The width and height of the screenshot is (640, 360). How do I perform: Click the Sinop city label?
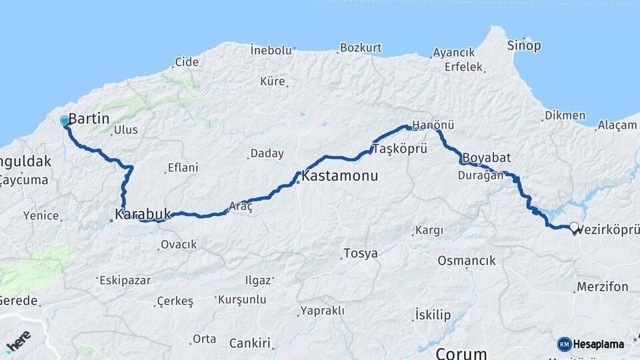click(524, 46)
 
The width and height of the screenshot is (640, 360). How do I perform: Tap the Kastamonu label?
click(340, 177)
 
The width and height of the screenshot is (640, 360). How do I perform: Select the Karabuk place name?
click(143, 215)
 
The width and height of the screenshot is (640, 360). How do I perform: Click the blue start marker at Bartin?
click(64, 121)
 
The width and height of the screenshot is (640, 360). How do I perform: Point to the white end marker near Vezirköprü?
click(574, 227)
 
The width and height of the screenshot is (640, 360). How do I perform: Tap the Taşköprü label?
click(400, 148)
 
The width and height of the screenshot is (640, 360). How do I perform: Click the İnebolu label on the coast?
click(271, 50)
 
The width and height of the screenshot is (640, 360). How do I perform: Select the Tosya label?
click(361, 253)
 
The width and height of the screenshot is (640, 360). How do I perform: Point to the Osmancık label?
click(467, 260)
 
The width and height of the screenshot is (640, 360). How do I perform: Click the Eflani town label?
click(183, 168)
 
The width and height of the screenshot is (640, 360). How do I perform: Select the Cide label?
click(187, 62)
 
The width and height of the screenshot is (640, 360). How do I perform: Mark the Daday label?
click(267, 154)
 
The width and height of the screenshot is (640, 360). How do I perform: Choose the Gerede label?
click(19, 301)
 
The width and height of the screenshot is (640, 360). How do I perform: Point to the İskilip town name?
click(433, 314)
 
